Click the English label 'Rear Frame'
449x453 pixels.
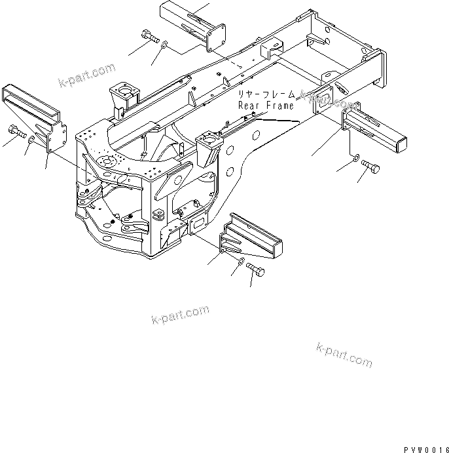266,105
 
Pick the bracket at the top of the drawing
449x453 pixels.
193,25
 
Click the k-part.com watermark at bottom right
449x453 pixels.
344,354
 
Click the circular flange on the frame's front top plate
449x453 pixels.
105,161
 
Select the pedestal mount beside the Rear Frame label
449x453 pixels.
210,147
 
